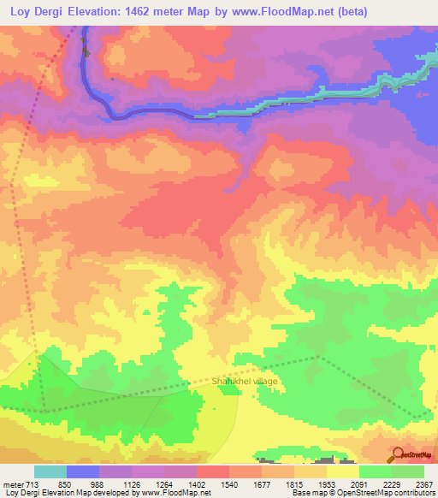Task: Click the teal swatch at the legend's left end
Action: click(x=50, y=471)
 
